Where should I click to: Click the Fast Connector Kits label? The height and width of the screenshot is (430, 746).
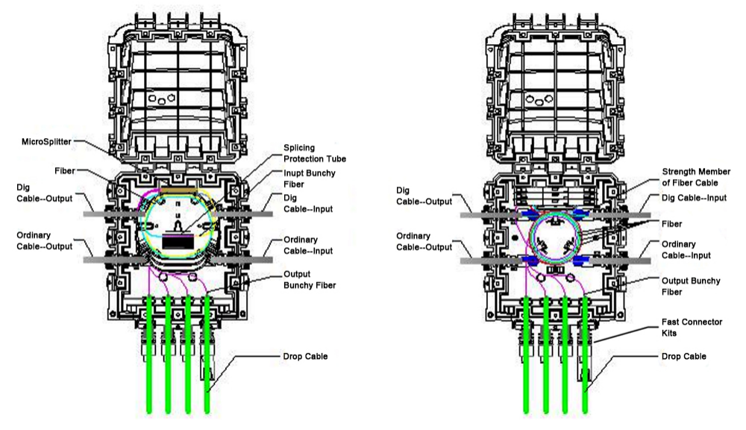coord(692,326)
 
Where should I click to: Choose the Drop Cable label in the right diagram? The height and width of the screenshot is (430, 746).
coord(684,357)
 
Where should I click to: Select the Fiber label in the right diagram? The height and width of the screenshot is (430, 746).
coord(672,223)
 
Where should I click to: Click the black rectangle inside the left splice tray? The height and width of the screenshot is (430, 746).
coord(176,241)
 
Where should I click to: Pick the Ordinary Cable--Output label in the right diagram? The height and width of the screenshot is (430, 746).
coord(423,243)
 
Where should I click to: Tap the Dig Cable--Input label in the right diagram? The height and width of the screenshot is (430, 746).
coord(695,197)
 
